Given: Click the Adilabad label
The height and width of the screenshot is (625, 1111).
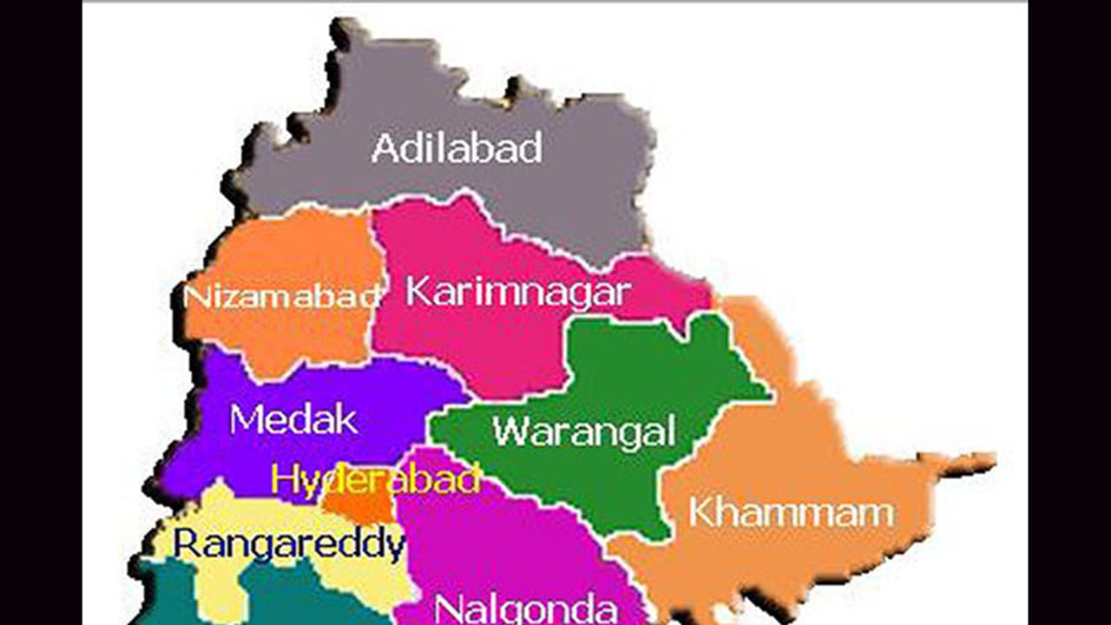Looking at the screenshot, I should pos(457,148).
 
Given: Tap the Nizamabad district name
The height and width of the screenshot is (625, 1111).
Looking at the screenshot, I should pos(283,296).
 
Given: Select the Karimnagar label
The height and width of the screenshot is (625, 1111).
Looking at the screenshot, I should pos(517,292).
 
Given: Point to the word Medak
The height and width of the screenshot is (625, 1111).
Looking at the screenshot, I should pos(293,420).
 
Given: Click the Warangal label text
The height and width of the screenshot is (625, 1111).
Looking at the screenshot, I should pos(583,431).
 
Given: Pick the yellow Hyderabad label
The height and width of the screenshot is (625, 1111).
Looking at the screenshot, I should pos(375,480).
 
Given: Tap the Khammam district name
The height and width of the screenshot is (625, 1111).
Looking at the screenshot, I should pos(791,512).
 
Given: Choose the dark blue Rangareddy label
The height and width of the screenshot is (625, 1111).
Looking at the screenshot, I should pos(288,545).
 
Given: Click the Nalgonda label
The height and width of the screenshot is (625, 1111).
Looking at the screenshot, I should pos(525,608).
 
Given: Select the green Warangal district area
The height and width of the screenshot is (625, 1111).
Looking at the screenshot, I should pos(642,373).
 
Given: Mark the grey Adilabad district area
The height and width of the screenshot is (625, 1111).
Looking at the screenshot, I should pos(486,200).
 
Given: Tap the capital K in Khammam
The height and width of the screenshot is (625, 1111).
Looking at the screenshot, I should pos(702,512).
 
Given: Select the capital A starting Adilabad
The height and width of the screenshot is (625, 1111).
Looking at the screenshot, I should pos(384,148).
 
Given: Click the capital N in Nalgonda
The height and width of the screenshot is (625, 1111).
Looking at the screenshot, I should pos(445,608).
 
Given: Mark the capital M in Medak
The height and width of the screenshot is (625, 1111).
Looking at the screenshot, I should pos(246,420).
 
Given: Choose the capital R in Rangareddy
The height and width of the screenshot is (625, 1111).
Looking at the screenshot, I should pos(186,544).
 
